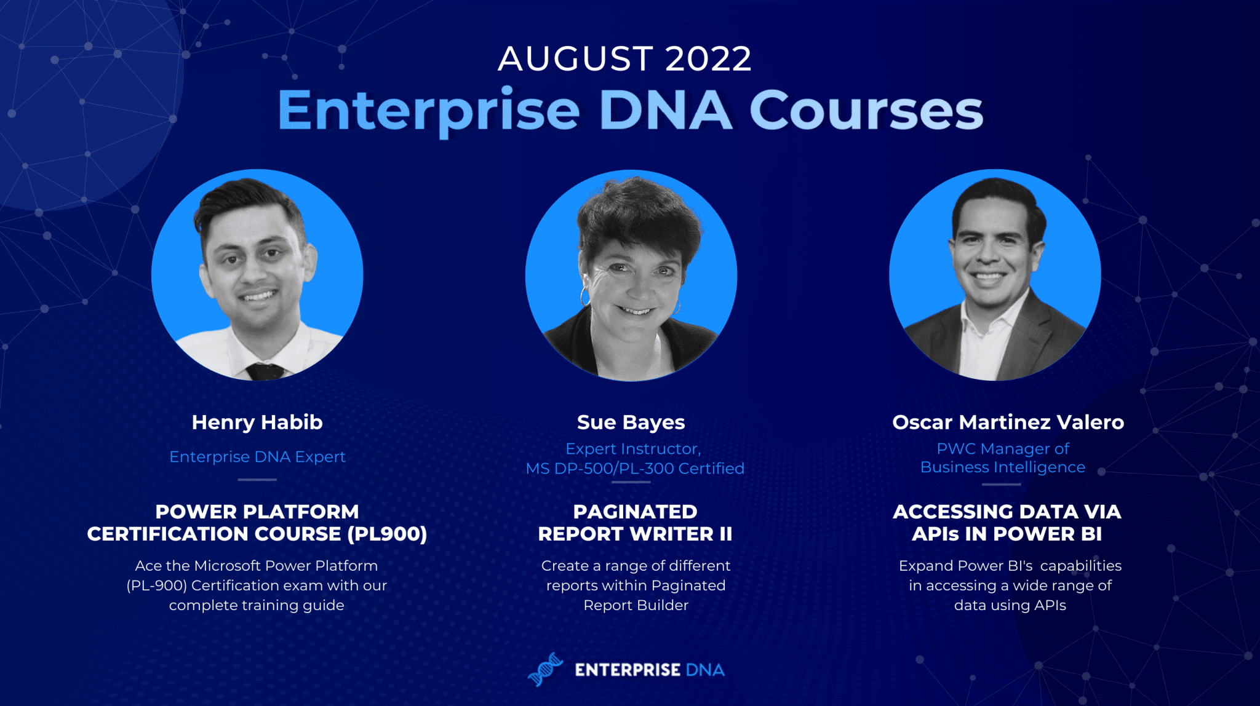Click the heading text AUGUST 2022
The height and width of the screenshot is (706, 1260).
624,58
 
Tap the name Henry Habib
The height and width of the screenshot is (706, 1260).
257,422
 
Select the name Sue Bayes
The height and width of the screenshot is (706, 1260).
631,422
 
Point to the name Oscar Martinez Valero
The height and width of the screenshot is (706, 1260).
1008,422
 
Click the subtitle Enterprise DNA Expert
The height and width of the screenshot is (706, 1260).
257,457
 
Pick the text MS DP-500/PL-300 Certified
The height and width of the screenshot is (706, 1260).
635,469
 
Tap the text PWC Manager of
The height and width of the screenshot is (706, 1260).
1003,449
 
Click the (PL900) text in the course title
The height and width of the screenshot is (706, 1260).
387,534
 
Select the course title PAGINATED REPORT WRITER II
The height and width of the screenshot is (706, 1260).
635,523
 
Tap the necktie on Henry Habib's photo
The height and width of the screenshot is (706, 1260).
265,371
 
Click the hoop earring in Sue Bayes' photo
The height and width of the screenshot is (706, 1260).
584,297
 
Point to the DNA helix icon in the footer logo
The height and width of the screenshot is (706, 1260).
545,670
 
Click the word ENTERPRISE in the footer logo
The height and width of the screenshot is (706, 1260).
628,670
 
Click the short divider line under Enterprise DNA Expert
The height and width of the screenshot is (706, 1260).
257,480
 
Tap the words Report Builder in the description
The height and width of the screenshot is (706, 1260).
636,605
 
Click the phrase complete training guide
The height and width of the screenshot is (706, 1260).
257,606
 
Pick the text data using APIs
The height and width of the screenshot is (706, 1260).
1010,606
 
